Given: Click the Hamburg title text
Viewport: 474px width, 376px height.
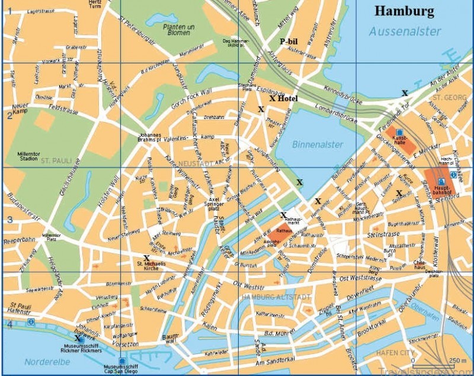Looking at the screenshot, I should [x=404, y=11].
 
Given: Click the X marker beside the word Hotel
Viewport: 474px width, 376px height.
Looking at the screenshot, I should [x=272, y=98].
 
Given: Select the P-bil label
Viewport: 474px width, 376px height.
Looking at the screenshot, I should [x=289, y=41].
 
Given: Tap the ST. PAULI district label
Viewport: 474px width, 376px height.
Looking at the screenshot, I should [x=55, y=160].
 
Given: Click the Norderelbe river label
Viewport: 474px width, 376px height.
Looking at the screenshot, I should [x=43, y=361].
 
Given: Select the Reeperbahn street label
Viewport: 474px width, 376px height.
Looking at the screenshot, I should [x=17, y=225].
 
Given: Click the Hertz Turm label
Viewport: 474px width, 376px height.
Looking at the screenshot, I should [x=94, y=5].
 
